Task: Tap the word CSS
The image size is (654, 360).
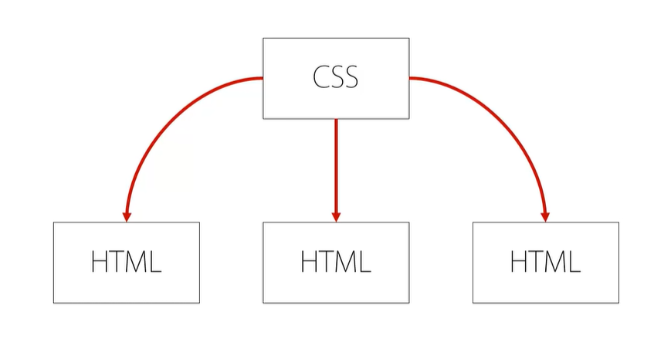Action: click(335, 78)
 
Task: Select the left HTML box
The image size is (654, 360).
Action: click(126, 263)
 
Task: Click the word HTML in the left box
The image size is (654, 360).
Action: click(126, 263)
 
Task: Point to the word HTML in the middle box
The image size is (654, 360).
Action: click(336, 263)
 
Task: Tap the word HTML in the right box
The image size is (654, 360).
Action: click(545, 263)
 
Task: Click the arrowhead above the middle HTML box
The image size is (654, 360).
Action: click(336, 215)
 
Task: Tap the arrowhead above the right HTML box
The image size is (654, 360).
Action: click(544, 215)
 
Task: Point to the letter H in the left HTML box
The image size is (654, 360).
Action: click(100, 263)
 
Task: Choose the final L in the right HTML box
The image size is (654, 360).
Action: click(573, 263)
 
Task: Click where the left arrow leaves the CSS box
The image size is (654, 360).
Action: click(263, 78)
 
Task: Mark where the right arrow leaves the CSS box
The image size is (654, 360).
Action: click(409, 78)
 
